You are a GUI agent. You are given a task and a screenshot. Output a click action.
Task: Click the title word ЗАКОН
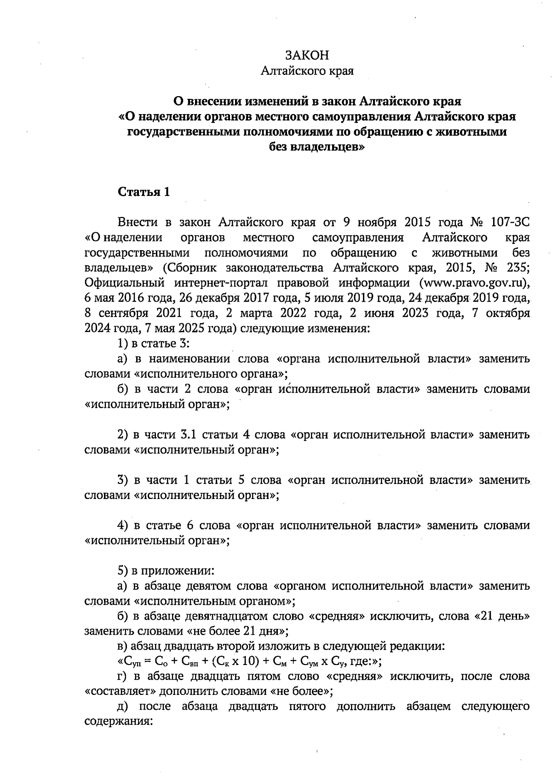pos(307,55)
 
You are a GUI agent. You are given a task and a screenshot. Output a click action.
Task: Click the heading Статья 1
pos(144,192)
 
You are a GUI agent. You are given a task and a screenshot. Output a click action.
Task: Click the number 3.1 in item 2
pos(185,435)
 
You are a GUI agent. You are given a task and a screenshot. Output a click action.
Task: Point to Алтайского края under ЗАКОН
pos(307,71)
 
